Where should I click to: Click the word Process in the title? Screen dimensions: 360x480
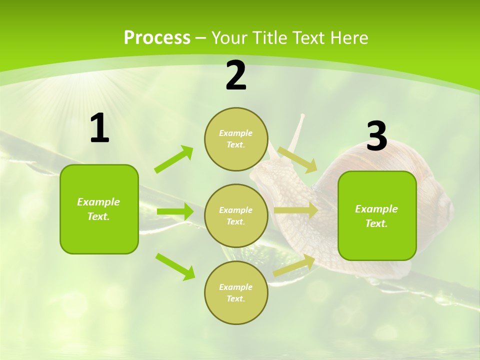pyautogui.click(x=157, y=38)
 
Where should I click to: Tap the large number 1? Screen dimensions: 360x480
pyautogui.click(x=99, y=128)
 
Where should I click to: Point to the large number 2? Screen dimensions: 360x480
pyautogui.click(x=236, y=76)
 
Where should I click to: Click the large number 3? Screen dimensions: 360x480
pyautogui.click(x=376, y=136)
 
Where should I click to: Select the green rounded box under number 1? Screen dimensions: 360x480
pyautogui.click(x=99, y=209)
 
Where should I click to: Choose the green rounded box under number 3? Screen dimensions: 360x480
pyautogui.click(x=377, y=215)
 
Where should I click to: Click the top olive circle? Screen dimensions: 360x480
pyautogui.click(x=236, y=139)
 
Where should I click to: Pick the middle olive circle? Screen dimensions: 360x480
pyautogui.click(x=236, y=215)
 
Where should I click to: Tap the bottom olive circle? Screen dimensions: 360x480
pyautogui.click(x=236, y=292)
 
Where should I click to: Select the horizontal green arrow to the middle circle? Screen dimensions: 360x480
pyautogui.click(x=175, y=211)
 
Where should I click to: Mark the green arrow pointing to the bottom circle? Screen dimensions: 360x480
pyautogui.click(x=175, y=266)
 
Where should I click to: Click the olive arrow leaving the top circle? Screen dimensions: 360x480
pyautogui.click(x=297, y=159)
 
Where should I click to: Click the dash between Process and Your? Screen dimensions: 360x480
pyautogui.click(x=201, y=38)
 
